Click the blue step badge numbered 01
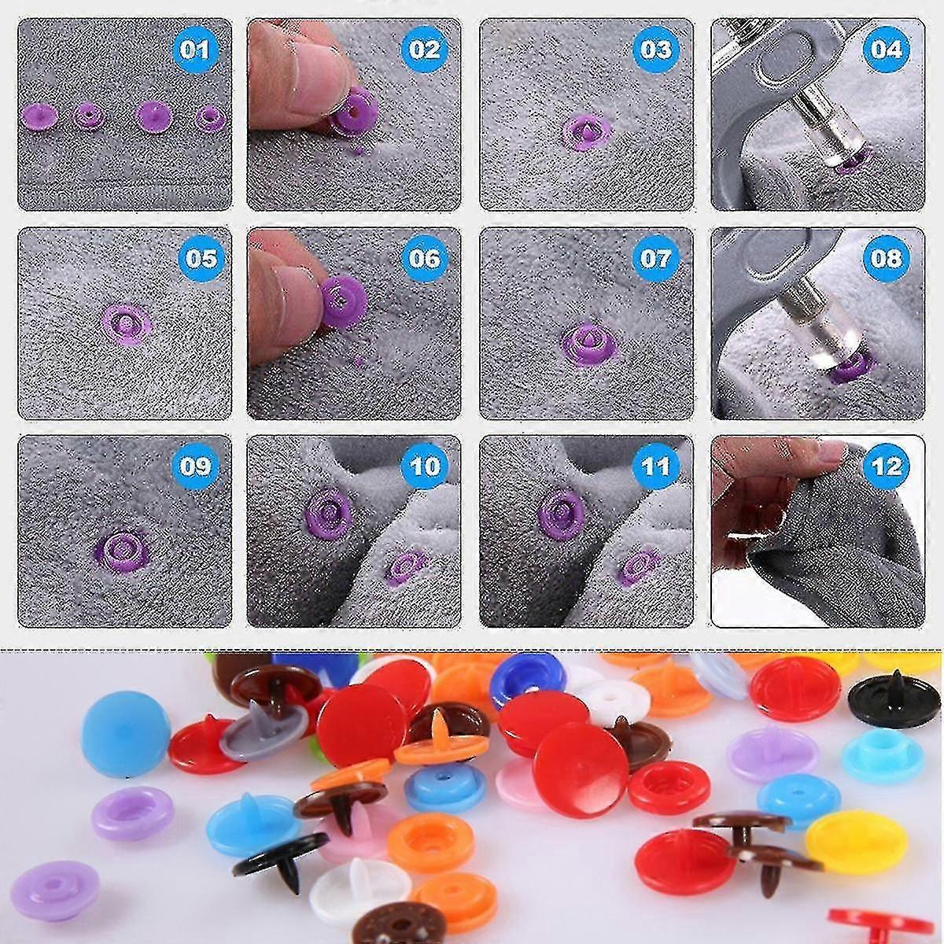point(195,50)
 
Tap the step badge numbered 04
point(887,49)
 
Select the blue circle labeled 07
point(655,258)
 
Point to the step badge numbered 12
point(887,466)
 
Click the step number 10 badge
point(424,466)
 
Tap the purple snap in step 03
point(586,133)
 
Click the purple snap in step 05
point(127,324)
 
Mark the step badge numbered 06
point(424,258)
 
